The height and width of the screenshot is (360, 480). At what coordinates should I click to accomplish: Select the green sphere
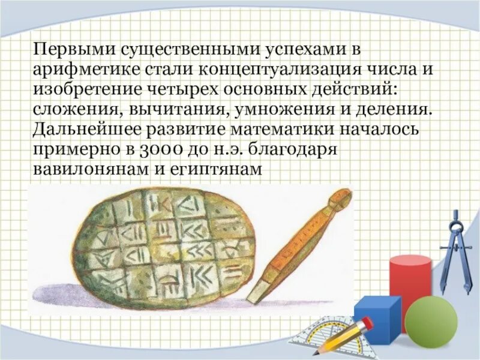[x=431, y=322]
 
